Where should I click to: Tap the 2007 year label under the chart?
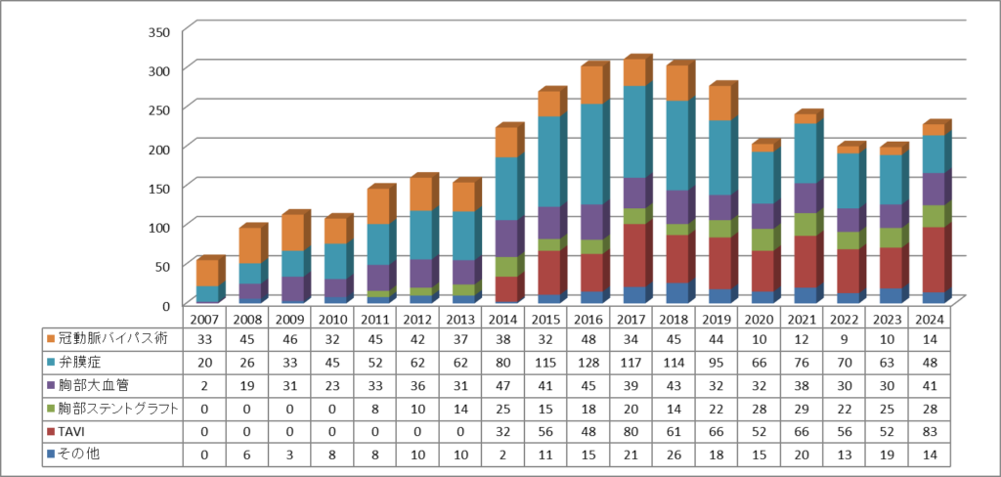(x=205, y=319)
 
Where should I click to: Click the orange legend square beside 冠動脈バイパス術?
(x=51, y=338)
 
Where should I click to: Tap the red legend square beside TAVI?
(x=51, y=431)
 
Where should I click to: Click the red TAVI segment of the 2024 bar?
(x=933, y=259)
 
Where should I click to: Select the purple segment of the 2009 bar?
(x=292, y=289)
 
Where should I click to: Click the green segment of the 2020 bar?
(x=762, y=239)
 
